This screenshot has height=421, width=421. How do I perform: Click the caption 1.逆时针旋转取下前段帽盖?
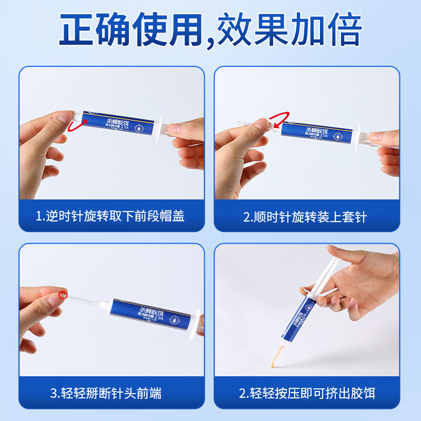point(110,216)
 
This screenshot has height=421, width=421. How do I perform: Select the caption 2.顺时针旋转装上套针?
point(305,216)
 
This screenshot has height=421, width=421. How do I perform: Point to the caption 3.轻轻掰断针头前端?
point(105,393)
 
